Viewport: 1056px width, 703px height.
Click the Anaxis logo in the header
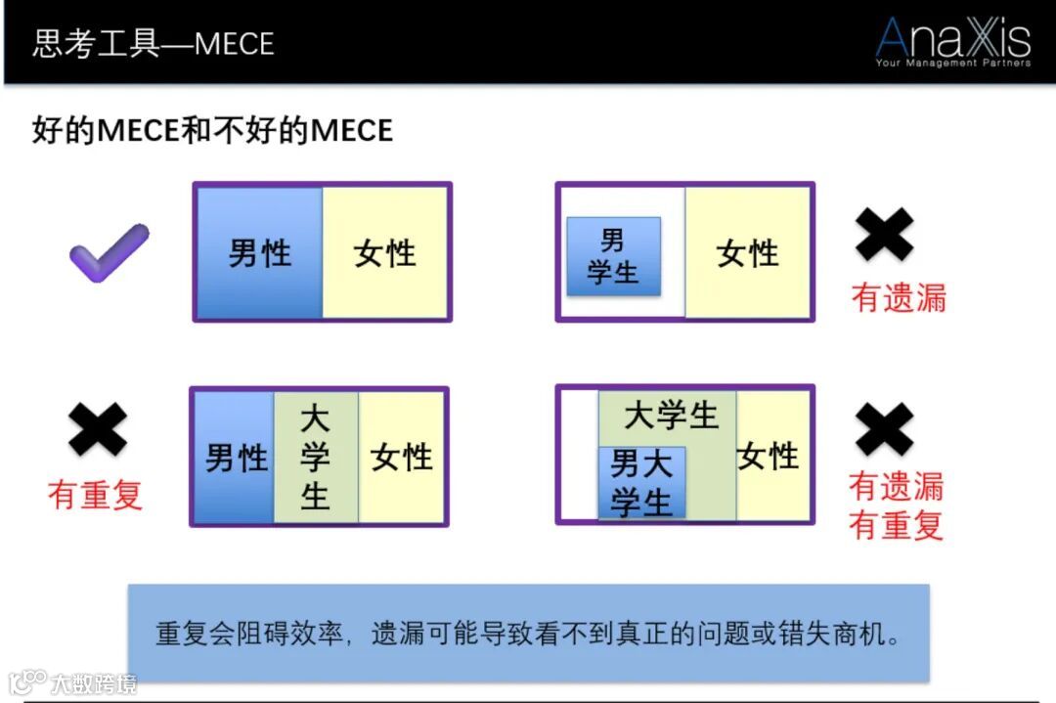tap(952, 42)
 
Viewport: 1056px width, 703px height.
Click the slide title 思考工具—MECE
tap(154, 44)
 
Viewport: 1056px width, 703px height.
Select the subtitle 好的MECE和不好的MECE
tap(212, 130)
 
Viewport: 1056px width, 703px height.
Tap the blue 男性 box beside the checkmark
tap(259, 253)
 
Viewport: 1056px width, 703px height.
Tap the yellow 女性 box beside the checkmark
tap(385, 253)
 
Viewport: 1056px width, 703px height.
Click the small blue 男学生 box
tap(613, 256)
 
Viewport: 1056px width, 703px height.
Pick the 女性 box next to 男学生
tap(748, 253)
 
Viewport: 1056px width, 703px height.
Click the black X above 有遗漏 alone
tap(884, 235)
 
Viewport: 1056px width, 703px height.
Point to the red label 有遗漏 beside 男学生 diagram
tap(899, 297)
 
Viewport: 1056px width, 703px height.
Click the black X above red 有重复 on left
tap(98, 430)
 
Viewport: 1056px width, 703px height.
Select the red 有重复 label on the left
tap(96, 495)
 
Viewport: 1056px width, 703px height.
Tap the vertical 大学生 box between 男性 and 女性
tap(315, 458)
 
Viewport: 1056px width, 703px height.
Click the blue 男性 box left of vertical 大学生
tap(235, 458)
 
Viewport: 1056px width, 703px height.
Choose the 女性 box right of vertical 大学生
tap(402, 457)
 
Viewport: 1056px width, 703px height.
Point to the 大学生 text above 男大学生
tap(671, 416)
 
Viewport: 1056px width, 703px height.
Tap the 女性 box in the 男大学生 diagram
tap(770, 456)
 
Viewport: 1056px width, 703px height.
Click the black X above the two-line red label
tap(884, 430)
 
